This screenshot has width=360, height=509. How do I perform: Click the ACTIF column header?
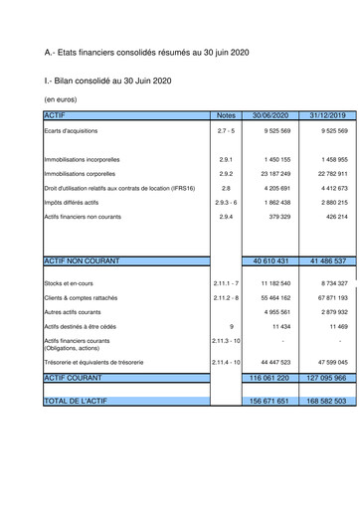point(54,115)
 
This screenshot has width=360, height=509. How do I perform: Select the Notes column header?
point(226,115)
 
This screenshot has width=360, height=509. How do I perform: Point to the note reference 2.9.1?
point(226,159)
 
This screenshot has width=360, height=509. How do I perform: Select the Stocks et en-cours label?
point(69,283)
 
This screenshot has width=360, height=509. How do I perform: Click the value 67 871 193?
point(327,297)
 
